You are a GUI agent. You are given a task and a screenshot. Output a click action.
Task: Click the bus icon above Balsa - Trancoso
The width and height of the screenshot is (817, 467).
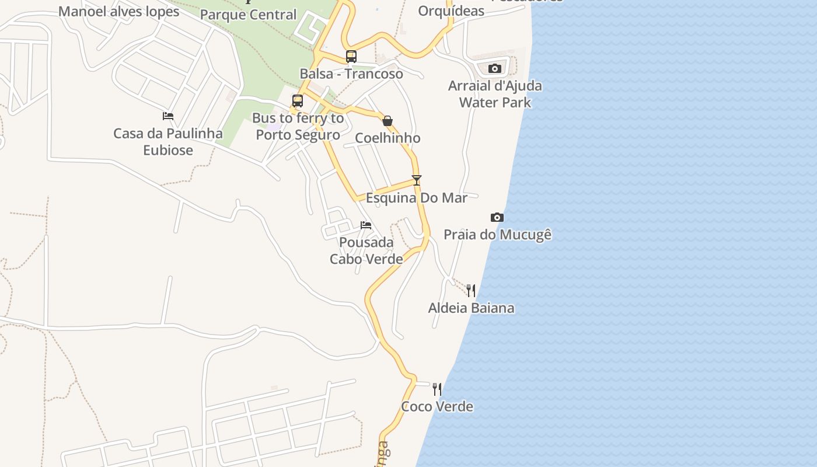[x=351, y=57]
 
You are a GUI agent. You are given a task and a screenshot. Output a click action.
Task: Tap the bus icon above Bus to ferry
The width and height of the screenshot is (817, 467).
[x=298, y=101]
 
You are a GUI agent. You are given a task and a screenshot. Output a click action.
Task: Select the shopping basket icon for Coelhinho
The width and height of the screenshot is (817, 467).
[x=387, y=121]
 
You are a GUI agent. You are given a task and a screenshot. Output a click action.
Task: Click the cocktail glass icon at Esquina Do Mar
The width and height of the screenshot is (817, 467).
[x=416, y=180]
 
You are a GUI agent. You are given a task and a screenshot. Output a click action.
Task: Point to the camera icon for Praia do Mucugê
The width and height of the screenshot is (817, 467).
[x=497, y=218]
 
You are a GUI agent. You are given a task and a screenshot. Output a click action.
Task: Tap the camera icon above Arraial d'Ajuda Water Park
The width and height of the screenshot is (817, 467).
[x=495, y=69]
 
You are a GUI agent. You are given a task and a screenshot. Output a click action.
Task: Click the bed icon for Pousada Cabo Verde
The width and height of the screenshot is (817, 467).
[x=366, y=225]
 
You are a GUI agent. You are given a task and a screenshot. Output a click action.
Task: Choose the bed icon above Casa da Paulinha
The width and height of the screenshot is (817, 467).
[x=168, y=116]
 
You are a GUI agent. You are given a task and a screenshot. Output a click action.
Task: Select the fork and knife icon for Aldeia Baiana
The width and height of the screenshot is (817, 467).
[x=471, y=290]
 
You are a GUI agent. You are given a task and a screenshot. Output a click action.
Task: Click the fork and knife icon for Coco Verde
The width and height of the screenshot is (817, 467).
[x=437, y=389]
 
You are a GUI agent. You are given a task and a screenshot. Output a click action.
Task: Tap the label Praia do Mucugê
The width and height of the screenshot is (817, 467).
[x=498, y=235]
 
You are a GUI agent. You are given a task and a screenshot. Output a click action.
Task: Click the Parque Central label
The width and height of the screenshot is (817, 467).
[x=249, y=15]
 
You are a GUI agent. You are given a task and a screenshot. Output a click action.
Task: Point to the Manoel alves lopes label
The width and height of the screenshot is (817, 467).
[x=119, y=11]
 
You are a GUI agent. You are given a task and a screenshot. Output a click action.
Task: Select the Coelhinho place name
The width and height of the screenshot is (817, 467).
[x=387, y=138]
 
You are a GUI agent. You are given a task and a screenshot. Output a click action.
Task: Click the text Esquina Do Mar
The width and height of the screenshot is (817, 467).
[x=417, y=198]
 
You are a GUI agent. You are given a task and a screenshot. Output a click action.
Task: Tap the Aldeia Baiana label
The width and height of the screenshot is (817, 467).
[x=472, y=308]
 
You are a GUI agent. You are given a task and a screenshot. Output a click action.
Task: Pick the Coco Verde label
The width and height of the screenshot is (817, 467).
[x=437, y=407]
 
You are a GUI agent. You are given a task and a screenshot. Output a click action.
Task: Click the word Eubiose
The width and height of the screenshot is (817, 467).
[x=168, y=151]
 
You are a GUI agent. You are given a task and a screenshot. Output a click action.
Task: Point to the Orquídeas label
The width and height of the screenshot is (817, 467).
[x=451, y=11]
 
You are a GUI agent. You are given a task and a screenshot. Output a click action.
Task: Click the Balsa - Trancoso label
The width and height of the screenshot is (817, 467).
[x=351, y=74]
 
